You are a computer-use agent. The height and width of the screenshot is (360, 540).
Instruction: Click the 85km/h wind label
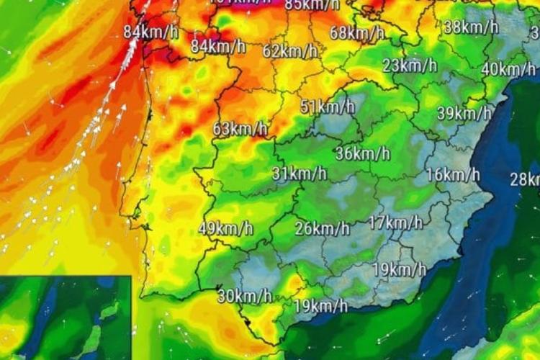point(312,5)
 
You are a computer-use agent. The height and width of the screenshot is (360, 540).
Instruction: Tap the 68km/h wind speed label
point(357,32)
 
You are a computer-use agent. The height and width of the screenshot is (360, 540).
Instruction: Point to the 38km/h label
point(471,27)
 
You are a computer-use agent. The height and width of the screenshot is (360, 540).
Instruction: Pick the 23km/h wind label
point(410,66)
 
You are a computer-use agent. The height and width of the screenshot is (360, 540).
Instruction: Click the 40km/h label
point(508,69)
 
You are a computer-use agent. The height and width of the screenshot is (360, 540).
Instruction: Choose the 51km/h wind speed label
point(328,107)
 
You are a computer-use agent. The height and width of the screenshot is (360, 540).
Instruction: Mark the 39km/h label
point(464,113)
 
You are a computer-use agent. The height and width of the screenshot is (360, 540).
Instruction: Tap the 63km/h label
point(240,130)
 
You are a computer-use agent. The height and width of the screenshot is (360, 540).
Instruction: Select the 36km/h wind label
point(363,153)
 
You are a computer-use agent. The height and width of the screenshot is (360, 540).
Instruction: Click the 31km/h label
point(300,174)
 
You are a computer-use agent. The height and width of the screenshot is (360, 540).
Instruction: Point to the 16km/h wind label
point(452,174)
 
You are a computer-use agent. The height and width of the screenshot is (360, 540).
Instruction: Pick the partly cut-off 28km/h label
point(525,179)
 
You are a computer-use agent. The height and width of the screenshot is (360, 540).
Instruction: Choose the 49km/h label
point(225,229)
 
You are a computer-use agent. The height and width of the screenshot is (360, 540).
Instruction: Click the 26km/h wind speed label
point(322,229)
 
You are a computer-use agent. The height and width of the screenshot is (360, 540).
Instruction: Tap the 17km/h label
point(395,222)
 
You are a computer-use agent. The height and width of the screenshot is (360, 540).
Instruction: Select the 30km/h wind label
point(245,295)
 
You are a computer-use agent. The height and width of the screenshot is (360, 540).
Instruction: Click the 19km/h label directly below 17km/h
point(400,270)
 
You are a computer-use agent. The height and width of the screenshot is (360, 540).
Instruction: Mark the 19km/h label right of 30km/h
point(320,306)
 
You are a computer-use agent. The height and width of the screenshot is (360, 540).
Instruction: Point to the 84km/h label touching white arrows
point(150,32)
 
